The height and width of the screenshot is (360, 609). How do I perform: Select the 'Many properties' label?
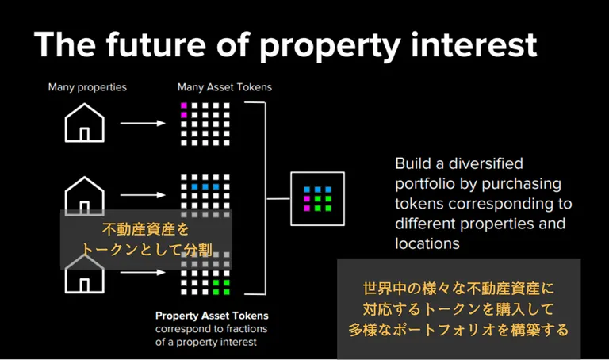(x=87, y=87)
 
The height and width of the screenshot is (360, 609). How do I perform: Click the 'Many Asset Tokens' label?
(x=224, y=87)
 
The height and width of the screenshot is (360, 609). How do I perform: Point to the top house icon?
(x=84, y=123)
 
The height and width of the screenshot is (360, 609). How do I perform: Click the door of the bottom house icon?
(x=84, y=285)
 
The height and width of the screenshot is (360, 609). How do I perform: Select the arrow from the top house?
(x=143, y=123)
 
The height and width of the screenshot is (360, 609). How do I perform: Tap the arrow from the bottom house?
(x=143, y=272)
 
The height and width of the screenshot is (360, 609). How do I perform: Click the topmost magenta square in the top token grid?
(x=184, y=105)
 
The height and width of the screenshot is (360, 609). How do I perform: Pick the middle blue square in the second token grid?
(x=205, y=187)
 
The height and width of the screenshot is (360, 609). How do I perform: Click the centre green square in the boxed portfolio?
(x=318, y=199)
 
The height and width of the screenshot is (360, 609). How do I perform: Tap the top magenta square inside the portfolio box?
(x=307, y=199)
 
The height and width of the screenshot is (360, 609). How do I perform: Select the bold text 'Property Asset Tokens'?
(x=212, y=316)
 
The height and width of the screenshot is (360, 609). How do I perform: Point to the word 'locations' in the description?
(x=427, y=244)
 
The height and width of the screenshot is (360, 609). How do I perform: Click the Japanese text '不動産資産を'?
(x=146, y=229)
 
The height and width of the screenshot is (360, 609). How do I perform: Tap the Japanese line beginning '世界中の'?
(x=458, y=289)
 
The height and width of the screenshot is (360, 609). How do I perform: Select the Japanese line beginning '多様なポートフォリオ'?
(x=458, y=330)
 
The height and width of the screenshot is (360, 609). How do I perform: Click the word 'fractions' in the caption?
(x=247, y=329)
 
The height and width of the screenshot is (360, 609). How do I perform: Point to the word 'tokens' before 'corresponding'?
(x=419, y=204)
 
